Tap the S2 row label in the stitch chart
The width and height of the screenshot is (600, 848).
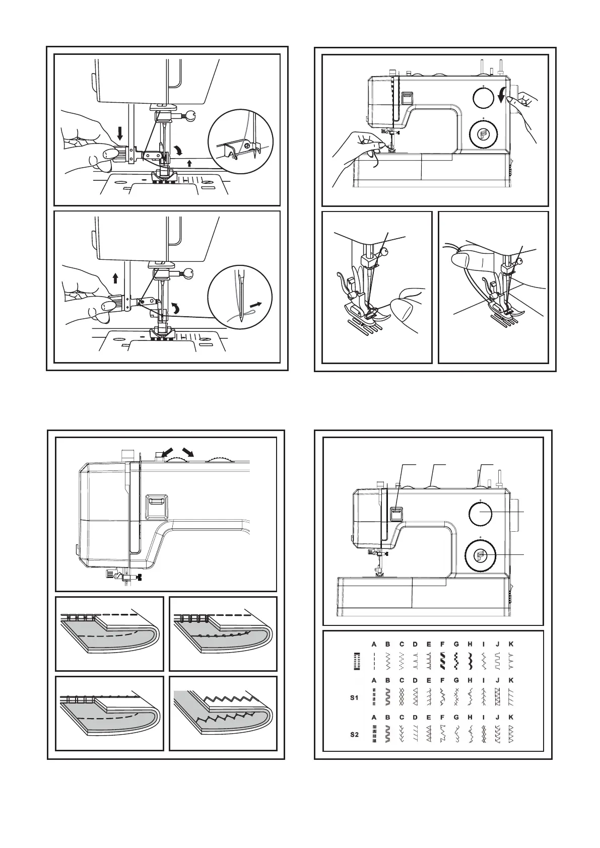pyautogui.click(x=354, y=735)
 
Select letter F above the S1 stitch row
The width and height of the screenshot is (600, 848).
pyautogui.click(x=442, y=680)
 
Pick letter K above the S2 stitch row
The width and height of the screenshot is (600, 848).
pyautogui.click(x=511, y=717)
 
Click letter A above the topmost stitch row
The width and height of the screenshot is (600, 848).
pyautogui.click(x=374, y=644)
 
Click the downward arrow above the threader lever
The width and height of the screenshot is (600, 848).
pyautogui.click(x=120, y=133)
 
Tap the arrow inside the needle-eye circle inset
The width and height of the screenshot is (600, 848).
pyautogui.click(x=256, y=305)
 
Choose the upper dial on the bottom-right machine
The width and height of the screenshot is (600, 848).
pyautogui.click(x=481, y=512)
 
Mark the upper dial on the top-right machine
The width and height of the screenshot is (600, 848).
pyautogui.click(x=483, y=97)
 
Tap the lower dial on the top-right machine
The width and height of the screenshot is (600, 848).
pyautogui.click(x=483, y=133)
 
